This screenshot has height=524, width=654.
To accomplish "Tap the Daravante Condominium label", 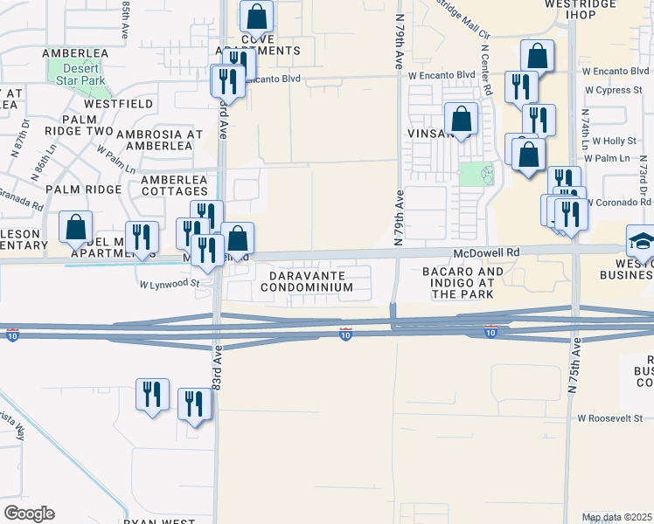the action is pos(306,280).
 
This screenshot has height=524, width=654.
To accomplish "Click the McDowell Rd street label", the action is pos(486,252).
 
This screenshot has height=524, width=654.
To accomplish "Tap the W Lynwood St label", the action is pos(170,283).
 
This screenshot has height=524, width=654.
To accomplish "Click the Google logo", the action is pos(29,514).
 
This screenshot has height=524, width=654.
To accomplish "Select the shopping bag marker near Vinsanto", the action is pos(461,119).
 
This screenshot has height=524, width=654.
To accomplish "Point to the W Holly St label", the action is pos(614,140).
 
